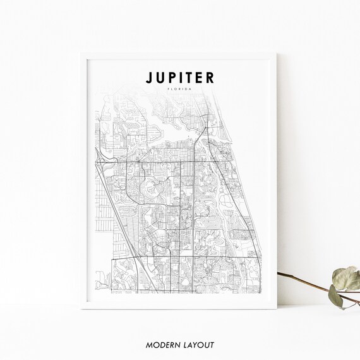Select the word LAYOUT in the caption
pos(199,345)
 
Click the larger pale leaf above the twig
pos(347,277)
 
